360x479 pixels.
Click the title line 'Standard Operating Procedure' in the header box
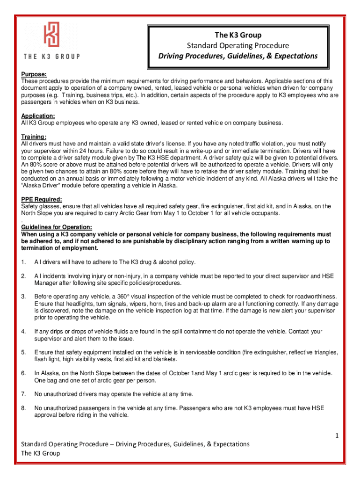238,45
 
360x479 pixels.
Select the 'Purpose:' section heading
34,74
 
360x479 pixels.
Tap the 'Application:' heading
38,116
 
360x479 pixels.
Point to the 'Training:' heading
34,137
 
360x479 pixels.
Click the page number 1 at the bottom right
336,436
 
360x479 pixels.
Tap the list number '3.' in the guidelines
23,297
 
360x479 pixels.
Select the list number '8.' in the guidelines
23,408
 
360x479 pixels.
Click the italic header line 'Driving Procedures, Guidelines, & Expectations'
238,56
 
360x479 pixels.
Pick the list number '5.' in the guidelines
23,352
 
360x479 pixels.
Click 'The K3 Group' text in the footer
41,453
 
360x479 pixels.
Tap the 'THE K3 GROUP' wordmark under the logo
51,57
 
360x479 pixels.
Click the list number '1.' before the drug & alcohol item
23,261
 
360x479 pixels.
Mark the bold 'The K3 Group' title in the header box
238,35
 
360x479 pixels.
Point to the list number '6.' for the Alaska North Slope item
23,373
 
